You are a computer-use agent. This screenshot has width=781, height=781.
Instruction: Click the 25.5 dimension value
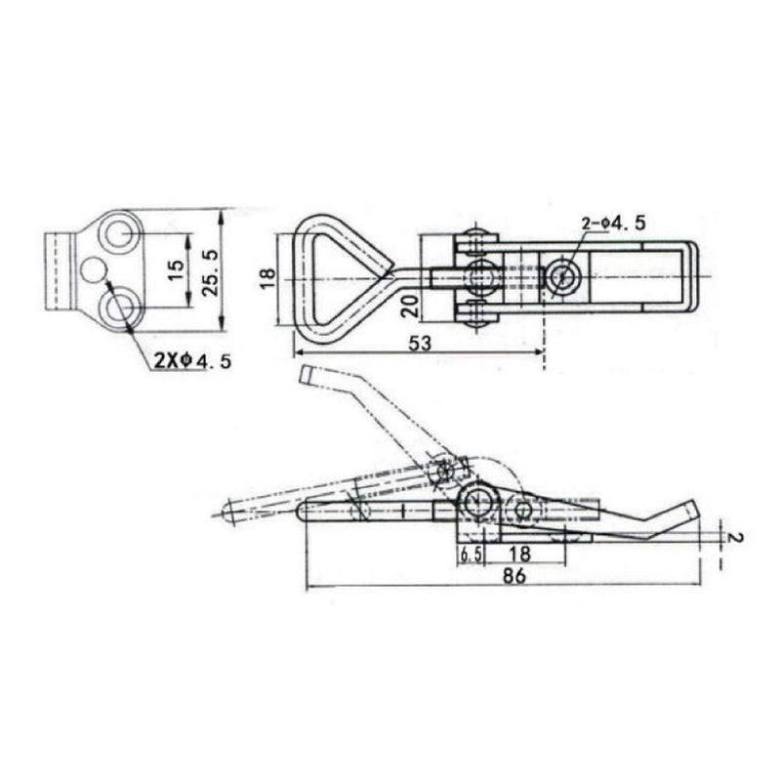coord(211,273)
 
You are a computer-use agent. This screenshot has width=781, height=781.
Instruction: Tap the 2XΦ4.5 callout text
coord(192,360)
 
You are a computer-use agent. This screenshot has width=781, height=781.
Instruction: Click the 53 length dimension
coord(420,343)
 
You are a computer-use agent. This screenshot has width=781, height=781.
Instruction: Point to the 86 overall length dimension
coord(514,576)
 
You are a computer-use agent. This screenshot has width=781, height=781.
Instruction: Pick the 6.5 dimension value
coord(471,555)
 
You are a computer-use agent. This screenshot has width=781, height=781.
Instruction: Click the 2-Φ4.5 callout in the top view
coord(613,223)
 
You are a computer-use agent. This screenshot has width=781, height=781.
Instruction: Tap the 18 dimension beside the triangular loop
coord(267,278)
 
